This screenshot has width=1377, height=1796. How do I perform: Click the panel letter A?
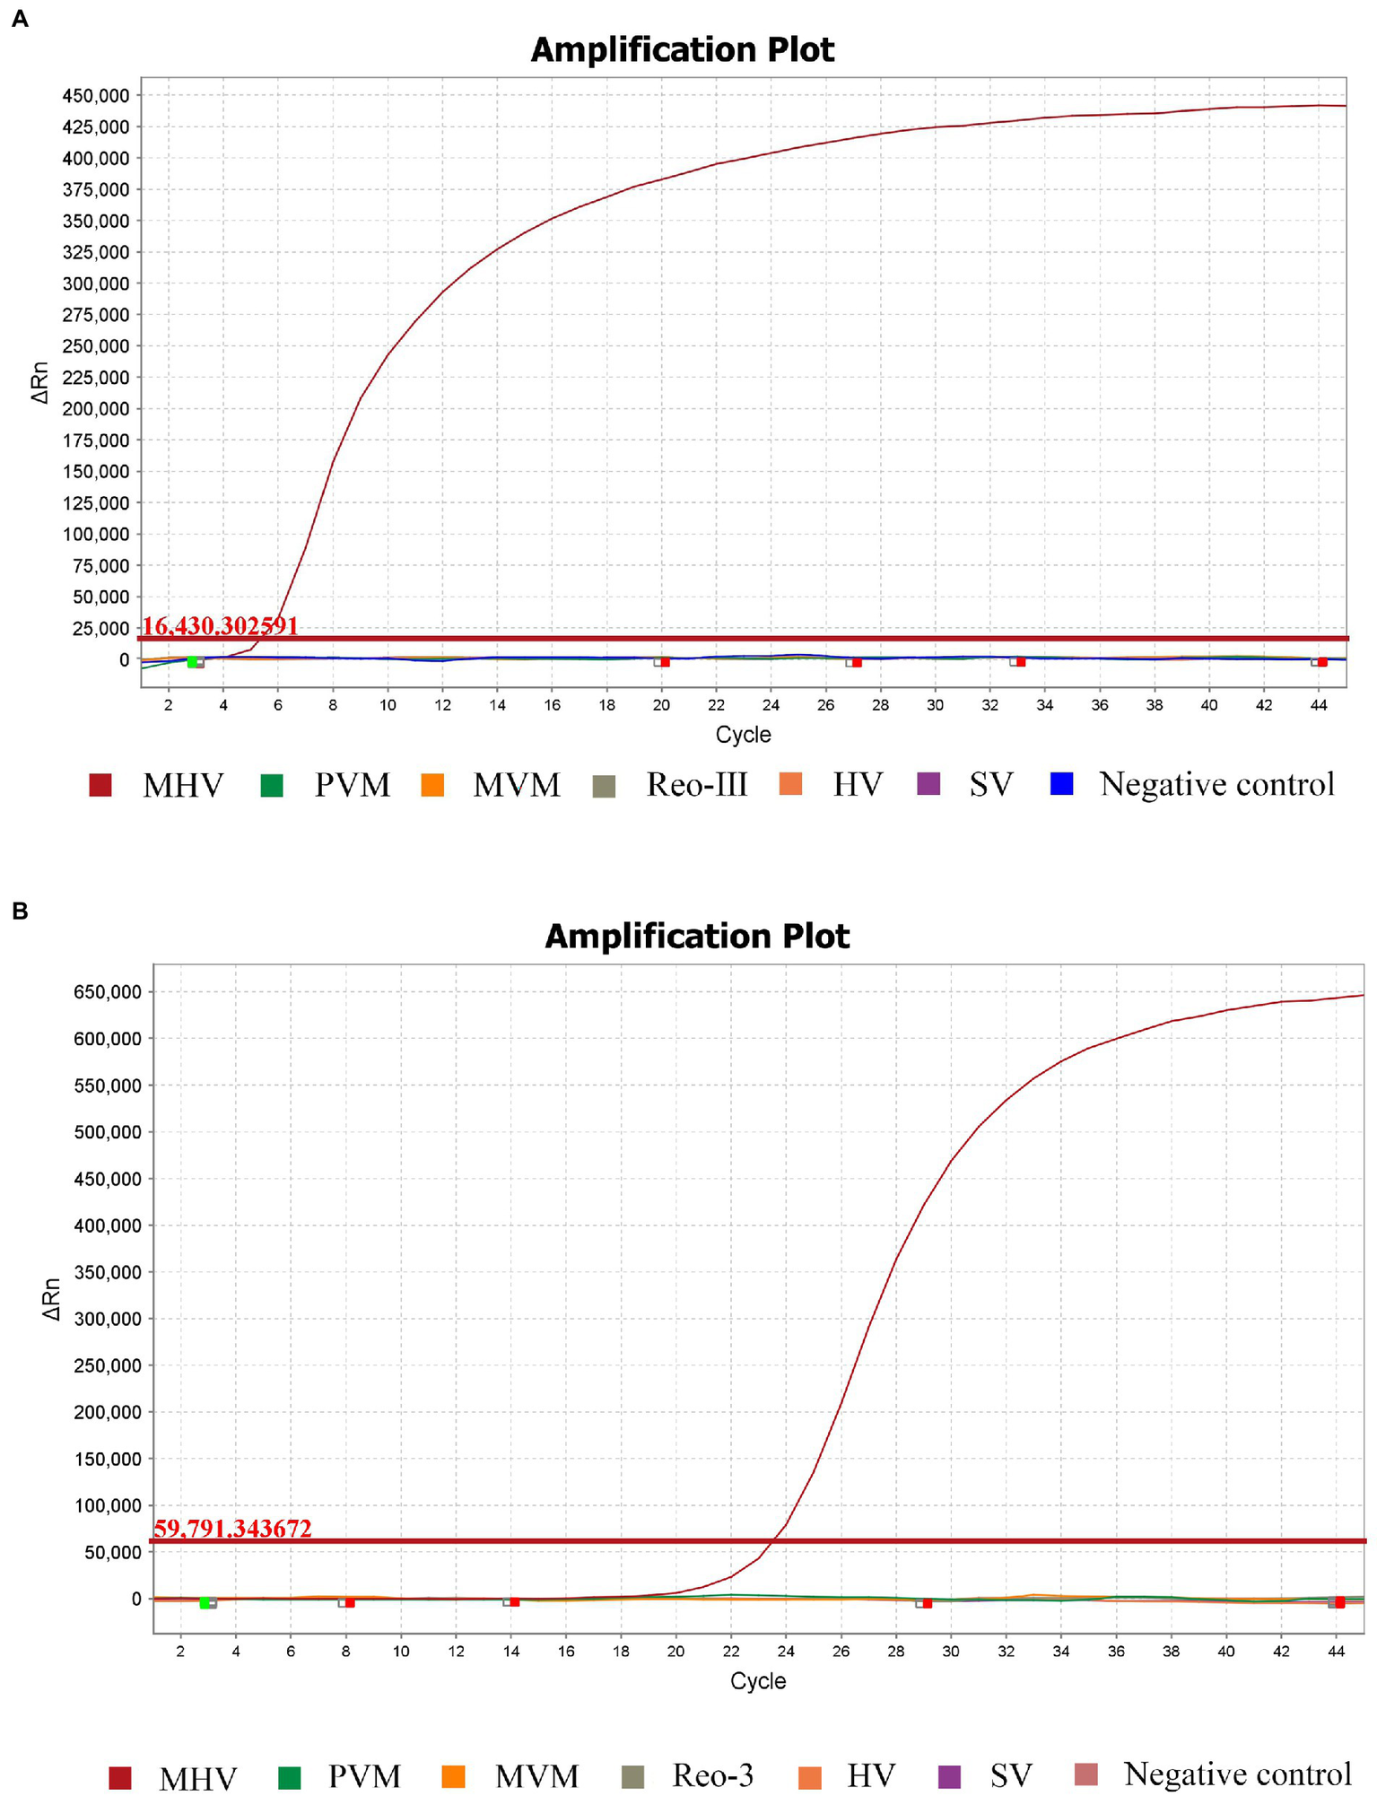(x=20, y=18)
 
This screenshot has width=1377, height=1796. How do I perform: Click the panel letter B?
(x=20, y=911)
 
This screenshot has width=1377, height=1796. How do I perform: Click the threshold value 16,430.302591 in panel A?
(x=220, y=625)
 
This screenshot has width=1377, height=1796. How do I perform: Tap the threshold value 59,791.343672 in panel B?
(x=233, y=1528)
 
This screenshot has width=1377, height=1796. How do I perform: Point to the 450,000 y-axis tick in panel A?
(x=95, y=95)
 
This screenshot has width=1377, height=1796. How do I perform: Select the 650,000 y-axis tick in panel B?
(x=108, y=992)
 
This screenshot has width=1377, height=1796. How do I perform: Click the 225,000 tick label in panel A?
(x=95, y=378)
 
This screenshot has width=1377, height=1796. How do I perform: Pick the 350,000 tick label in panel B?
(x=108, y=1272)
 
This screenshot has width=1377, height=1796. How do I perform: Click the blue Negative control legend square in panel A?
(x=1061, y=784)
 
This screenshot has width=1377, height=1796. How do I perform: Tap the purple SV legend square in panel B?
(x=948, y=1776)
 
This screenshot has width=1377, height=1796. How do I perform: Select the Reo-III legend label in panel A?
(x=696, y=785)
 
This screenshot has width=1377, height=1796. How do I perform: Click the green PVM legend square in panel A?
(x=272, y=786)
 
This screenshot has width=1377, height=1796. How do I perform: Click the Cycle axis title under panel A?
(x=743, y=735)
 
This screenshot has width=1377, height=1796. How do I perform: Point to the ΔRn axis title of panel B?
(x=52, y=1299)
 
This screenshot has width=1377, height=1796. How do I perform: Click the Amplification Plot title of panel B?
(x=696, y=937)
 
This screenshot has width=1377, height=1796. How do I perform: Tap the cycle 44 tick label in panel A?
(x=1318, y=705)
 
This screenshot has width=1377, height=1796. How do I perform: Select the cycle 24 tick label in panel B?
(x=785, y=1652)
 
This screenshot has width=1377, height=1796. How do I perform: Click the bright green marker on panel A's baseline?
(x=192, y=662)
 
